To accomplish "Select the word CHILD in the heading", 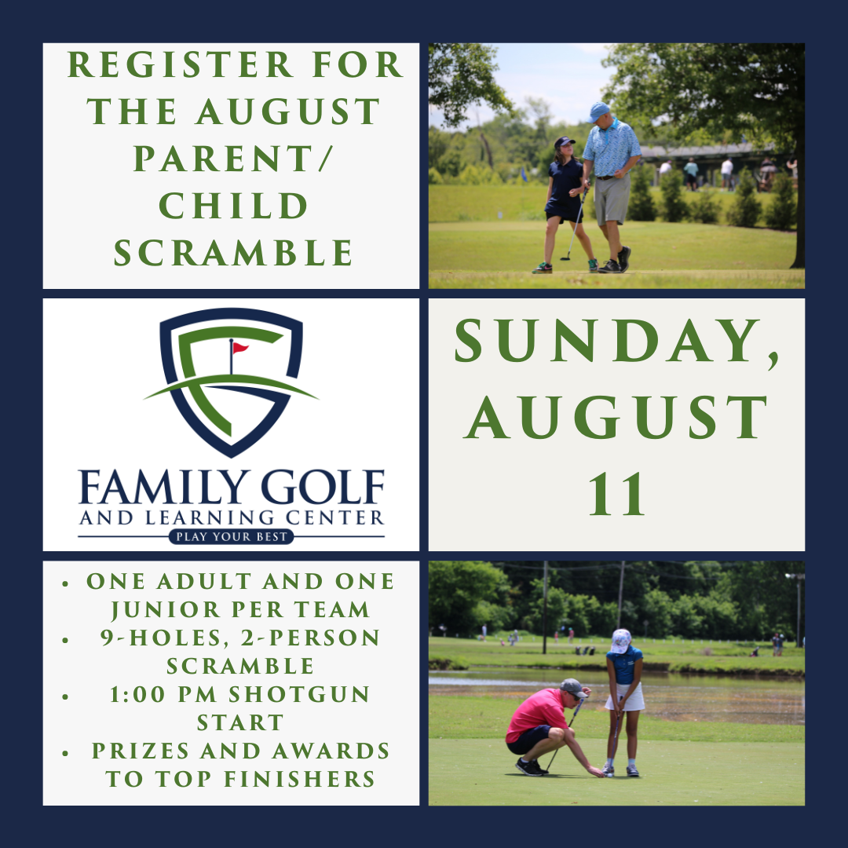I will pos(233,206).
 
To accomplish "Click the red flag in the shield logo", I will pos(239,348).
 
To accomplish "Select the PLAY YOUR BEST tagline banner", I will pos(231,537).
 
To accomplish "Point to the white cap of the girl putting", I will pos(621,638).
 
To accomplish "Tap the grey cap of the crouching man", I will pos(573,686).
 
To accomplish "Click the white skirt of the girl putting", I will pos(625,697).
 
